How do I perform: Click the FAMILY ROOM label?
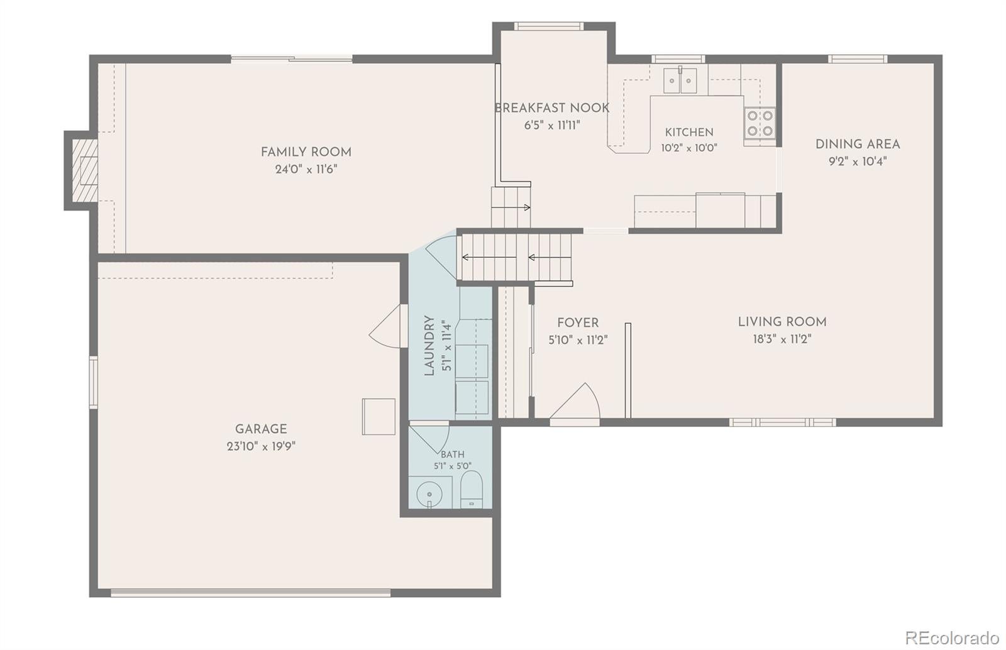coord(306,152)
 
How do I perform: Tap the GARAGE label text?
coord(261,429)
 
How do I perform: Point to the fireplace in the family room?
coord(84,170)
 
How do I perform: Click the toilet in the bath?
coord(472,489)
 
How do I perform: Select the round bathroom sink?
coord(430,495)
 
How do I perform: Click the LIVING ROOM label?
coord(782,322)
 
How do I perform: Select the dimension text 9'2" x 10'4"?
coord(858,162)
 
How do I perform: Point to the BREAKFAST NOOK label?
coord(552,108)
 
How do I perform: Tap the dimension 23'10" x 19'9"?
coord(261,447)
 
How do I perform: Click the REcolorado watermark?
coord(952,637)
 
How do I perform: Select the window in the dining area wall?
coord(858,59)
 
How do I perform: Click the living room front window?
coord(782,422)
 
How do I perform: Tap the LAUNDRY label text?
coord(429,346)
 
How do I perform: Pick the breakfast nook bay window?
coord(549,26)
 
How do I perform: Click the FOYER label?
coord(578,322)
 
